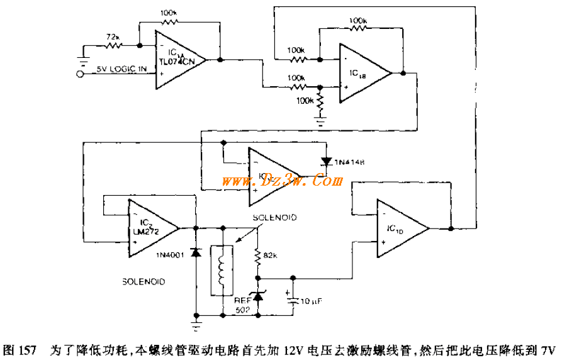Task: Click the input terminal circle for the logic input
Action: (80, 74)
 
